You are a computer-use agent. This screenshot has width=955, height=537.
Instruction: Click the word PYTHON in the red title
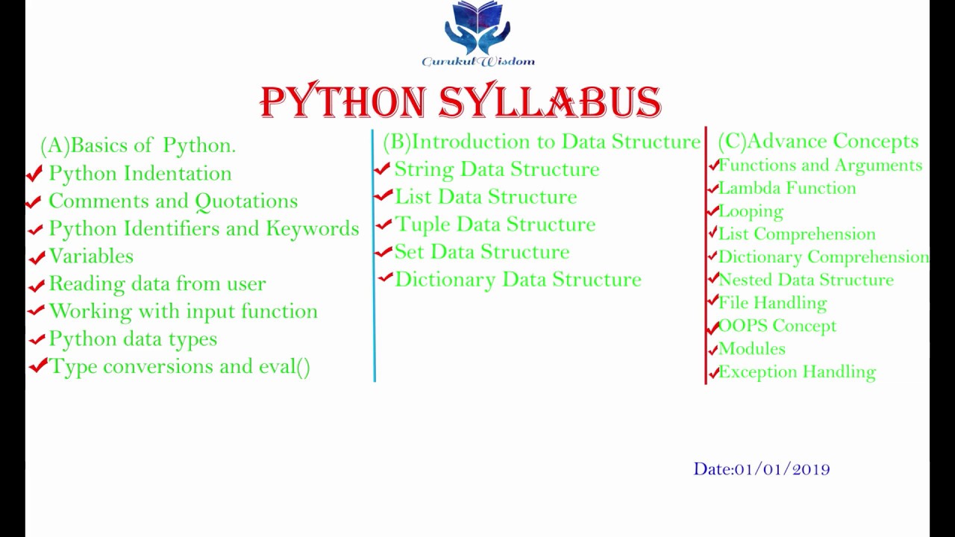coord(343,101)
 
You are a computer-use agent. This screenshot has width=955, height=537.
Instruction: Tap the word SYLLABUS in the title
coord(551,101)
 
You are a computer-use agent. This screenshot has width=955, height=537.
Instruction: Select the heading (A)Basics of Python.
coord(138,145)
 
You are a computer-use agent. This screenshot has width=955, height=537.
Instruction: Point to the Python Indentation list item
coord(140,173)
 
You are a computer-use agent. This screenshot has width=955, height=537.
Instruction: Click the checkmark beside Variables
coord(37,257)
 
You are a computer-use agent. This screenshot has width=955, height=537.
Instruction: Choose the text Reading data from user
coord(157,283)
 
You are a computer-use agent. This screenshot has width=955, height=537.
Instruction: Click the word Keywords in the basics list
coord(313,228)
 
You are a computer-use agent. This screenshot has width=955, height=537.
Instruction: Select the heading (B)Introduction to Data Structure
coord(542,142)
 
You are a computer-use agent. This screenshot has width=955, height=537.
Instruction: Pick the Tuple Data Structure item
coord(495,224)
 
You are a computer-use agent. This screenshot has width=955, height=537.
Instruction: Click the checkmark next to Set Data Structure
coord(383,252)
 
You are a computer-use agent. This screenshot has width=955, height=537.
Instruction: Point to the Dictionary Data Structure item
coord(518,280)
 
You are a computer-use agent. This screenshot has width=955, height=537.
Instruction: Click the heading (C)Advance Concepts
coord(818,142)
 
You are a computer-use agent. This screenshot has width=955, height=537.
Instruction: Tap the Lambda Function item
coord(787,188)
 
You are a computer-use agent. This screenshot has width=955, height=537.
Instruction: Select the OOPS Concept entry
coord(777,326)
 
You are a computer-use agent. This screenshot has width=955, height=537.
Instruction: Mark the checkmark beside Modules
coord(713,350)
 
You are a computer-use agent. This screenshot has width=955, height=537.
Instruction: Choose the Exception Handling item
coord(798,371)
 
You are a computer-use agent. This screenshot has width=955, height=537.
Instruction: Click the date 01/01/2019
coord(782,469)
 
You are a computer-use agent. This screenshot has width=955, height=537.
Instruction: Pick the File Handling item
coord(772,303)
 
